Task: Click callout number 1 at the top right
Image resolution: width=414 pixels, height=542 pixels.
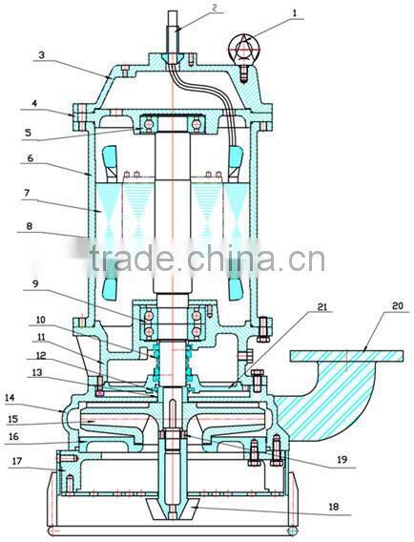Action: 294,14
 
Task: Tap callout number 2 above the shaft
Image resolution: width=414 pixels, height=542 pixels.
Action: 215,8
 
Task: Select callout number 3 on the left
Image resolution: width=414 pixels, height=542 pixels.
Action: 41,56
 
